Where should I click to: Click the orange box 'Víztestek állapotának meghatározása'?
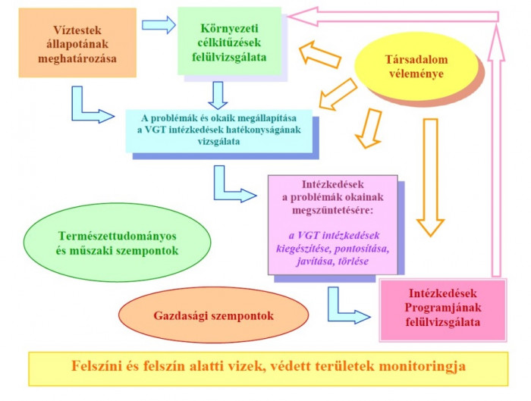pos(77,43)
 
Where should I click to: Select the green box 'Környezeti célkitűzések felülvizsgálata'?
pos(230,41)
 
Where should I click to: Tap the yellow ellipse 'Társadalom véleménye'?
pos(416,66)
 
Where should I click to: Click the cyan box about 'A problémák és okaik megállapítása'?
pos(219,130)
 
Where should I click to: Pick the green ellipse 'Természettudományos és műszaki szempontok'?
pos(117,243)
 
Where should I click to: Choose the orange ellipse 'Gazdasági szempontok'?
pos(214,315)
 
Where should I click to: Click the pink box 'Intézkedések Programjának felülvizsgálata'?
pos(442,310)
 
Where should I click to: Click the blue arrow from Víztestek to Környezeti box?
pos(159,25)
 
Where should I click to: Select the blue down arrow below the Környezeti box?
pos(218,96)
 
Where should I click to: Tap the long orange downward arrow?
pos(430,177)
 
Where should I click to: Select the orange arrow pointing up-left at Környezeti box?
pos(319,55)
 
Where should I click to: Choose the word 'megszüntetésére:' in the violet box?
pos(332,211)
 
